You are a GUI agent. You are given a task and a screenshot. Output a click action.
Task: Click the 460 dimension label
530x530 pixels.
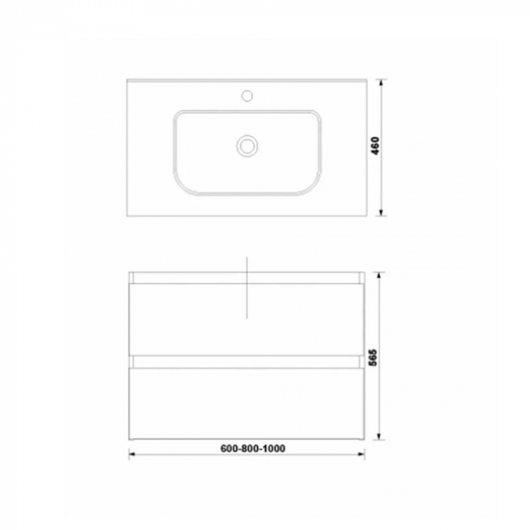pos(375,146)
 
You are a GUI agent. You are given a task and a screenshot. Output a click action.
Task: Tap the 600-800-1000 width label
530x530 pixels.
pos(254,448)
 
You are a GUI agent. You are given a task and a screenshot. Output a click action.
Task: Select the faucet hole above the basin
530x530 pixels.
pos(247,96)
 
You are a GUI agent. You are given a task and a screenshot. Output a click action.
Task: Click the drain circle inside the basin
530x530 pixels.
pos(247,145)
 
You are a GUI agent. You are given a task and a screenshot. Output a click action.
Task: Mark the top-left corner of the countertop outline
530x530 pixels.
pos(127,79)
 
